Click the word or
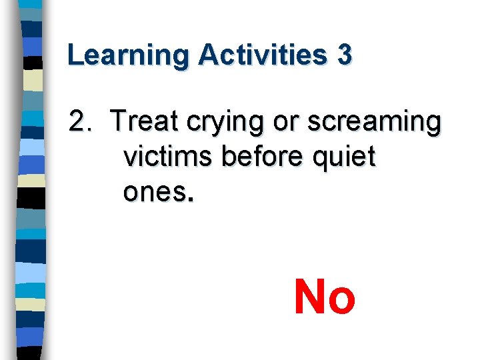point(267,123)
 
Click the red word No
point(325,297)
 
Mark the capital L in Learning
point(75,55)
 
